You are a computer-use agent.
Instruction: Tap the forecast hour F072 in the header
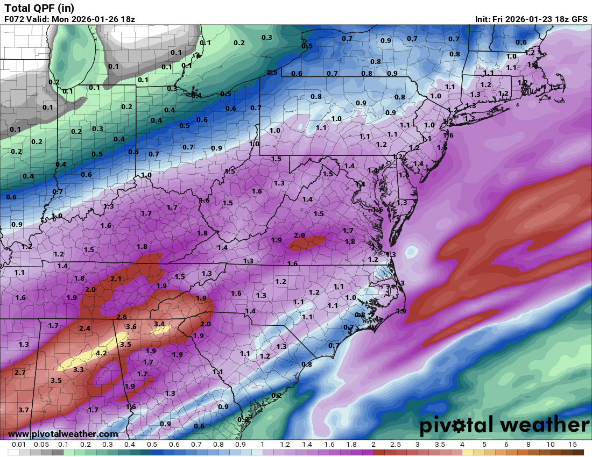click(15, 19)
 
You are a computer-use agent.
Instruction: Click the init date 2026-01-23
click(532, 19)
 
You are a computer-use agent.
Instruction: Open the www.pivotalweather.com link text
click(63, 434)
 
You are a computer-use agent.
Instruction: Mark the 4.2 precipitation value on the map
click(102, 353)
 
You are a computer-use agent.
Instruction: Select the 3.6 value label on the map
click(131, 327)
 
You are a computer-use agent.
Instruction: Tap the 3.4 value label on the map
click(159, 324)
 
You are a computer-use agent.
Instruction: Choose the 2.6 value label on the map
click(122, 317)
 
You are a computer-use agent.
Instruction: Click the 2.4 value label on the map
click(85, 328)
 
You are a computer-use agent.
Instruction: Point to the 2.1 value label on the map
click(116, 279)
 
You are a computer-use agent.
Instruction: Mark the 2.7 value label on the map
click(20, 372)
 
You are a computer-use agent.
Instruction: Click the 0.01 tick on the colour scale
click(19, 445)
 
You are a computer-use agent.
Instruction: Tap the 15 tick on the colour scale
click(573, 445)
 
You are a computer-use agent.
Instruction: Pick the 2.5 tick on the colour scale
click(396, 445)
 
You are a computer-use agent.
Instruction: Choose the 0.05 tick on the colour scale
click(41, 445)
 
